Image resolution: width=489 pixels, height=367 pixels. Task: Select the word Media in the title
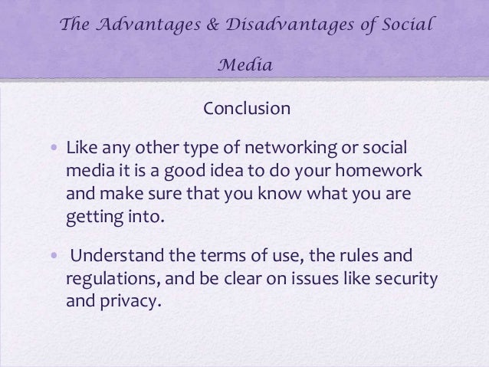(246, 64)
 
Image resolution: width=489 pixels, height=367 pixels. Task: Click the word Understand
(115, 254)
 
